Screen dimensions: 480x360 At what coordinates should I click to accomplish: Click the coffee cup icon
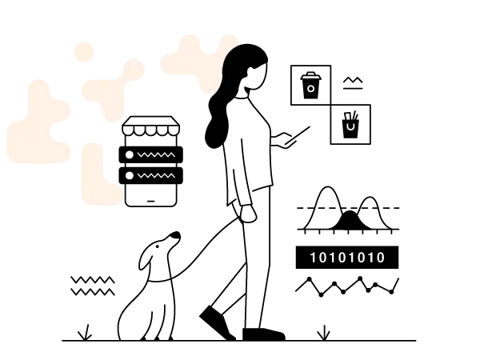click(x=310, y=86)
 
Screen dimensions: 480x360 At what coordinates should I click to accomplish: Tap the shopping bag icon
click(x=350, y=125)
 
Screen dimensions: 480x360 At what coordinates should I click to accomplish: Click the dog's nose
click(x=176, y=235)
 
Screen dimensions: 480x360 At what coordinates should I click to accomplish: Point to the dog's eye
click(x=158, y=246)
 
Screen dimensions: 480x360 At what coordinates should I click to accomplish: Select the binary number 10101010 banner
click(x=347, y=258)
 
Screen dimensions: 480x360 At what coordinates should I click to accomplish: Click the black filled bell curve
click(x=351, y=221)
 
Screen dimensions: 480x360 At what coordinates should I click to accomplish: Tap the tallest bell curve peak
click(x=327, y=187)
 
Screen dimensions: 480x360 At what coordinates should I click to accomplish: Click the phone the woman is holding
click(x=298, y=135)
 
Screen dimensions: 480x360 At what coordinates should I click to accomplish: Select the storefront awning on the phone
click(x=151, y=126)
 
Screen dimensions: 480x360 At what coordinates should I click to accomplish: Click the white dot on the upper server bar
click(x=130, y=155)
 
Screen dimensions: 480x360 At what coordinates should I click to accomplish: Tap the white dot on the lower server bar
click(x=130, y=175)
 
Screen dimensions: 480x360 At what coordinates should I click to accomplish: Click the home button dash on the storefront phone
click(x=151, y=202)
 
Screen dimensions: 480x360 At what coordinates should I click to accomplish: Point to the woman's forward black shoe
click(x=263, y=334)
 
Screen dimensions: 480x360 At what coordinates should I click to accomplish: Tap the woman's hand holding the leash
click(x=248, y=214)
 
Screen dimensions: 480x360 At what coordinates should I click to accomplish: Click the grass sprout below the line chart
click(x=323, y=333)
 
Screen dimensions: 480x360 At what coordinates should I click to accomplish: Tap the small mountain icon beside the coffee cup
click(x=353, y=83)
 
